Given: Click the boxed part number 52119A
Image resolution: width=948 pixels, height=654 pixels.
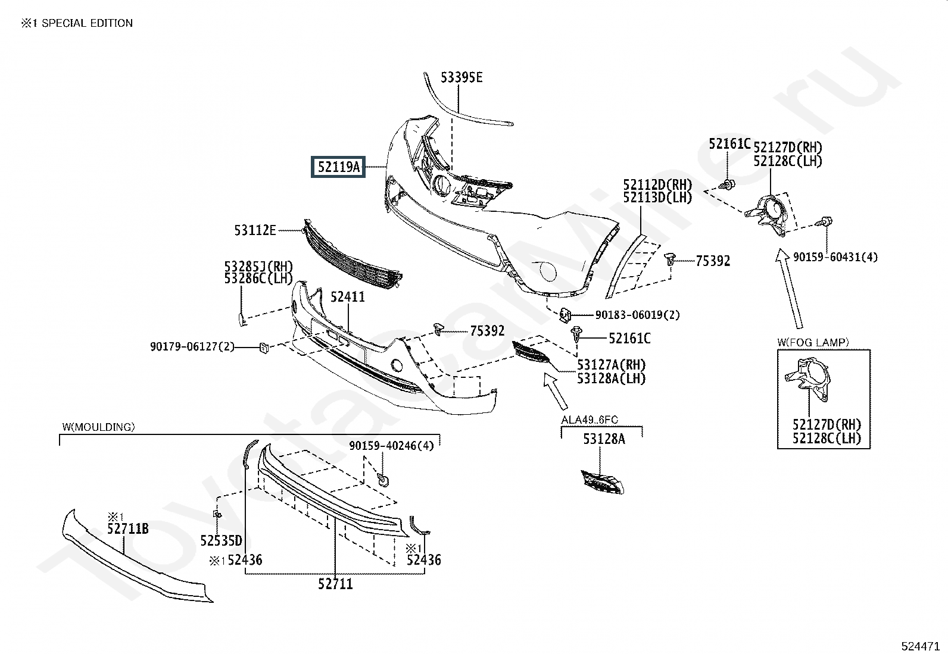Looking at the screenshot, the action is tap(338, 167).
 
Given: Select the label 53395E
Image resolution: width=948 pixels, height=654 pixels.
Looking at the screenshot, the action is tap(461, 77).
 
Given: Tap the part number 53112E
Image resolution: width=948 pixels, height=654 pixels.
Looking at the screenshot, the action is tap(255, 230).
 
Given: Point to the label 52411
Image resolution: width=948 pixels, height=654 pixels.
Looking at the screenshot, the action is tap(347, 296).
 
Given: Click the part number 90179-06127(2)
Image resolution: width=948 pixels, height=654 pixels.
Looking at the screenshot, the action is tap(192, 346).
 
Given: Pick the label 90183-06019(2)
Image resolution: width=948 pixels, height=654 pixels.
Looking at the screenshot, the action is tap(637, 315).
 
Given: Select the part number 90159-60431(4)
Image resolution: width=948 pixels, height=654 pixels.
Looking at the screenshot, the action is tap(835, 256).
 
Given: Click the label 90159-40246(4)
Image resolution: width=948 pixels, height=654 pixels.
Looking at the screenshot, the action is tap(391, 446).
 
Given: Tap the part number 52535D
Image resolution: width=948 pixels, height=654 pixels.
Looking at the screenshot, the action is tap(221, 540).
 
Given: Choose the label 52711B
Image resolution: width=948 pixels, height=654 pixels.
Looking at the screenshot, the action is tap(128, 528).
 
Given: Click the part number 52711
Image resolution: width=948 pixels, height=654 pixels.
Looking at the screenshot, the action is tap(335, 584).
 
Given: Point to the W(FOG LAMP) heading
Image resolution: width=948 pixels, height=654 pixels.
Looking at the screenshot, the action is tap(813, 342).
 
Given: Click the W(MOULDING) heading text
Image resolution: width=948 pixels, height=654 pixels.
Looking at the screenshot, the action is tap(99, 427).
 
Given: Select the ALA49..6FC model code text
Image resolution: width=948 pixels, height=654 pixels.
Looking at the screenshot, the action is tap(590, 420).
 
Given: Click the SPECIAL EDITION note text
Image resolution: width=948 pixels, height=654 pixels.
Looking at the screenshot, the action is tap(87, 23).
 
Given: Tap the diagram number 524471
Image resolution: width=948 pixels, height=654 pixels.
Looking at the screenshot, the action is tap(920, 646).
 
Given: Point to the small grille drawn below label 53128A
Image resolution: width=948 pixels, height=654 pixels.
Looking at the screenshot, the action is tap(603, 482).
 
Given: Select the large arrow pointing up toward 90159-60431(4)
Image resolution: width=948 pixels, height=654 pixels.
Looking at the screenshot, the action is tap(789, 289).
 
